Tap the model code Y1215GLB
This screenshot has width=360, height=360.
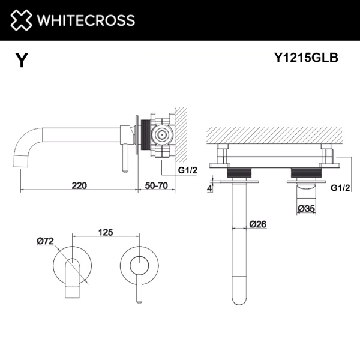point(306,58)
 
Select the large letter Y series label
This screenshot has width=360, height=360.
point(22,61)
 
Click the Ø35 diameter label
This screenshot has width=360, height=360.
point(307,209)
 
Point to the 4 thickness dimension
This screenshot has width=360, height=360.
point(209,188)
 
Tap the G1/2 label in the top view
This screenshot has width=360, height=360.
point(340,187)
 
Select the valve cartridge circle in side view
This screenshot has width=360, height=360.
point(160,134)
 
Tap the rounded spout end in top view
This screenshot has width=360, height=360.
point(238,297)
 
